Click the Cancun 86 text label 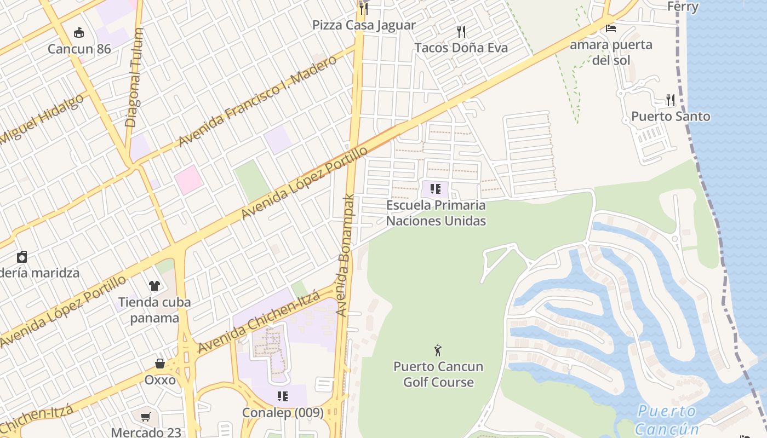tap(79, 49)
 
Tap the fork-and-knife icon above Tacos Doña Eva tap(461, 32)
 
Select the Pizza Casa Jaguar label tap(364, 25)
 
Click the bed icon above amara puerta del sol tap(610, 28)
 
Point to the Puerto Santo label tap(671, 116)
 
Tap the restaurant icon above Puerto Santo tap(670, 100)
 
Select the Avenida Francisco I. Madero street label tap(257, 101)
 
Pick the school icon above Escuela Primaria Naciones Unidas tap(436, 189)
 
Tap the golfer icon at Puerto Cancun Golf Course tap(437, 350)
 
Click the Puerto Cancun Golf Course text tap(438, 374)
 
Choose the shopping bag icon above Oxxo tap(160, 364)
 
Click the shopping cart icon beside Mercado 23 tap(146, 418)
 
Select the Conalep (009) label tap(283, 413)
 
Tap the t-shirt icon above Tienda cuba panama tap(154, 286)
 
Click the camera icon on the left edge tap(22, 257)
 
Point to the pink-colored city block tap(189, 180)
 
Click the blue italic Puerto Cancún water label tap(667, 419)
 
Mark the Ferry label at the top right tap(683, 7)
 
